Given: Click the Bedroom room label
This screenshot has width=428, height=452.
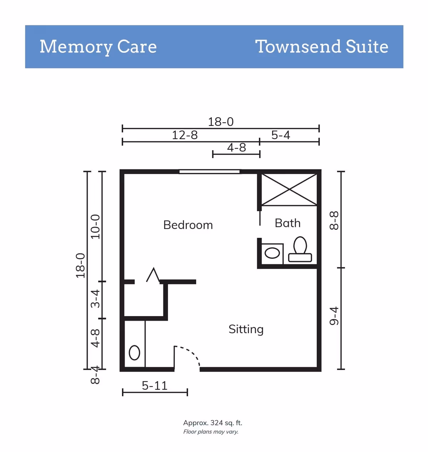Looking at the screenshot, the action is click(188, 225).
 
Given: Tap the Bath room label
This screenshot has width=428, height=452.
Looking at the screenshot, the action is click(287, 223).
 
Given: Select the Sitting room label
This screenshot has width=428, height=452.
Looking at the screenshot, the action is click(246, 330).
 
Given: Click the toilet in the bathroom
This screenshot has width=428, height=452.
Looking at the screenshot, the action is click(300, 249).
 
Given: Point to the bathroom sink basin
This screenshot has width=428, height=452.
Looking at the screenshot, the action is click(272, 253).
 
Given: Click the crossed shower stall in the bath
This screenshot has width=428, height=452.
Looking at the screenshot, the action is click(289, 189).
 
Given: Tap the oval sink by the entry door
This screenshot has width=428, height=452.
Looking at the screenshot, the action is click(134, 352).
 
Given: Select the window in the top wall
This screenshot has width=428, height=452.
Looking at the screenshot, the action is click(209, 172).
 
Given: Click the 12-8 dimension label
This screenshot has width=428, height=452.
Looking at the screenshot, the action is click(185, 135).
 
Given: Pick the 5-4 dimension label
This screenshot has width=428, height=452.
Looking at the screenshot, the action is click(281, 135).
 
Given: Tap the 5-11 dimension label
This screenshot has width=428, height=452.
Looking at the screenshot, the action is click(154, 386).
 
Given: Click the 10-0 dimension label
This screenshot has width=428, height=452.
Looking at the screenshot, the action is click(96, 227).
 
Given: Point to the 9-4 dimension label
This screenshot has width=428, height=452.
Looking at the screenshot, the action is click(334, 316).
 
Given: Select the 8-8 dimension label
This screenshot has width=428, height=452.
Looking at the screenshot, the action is click(334, 221).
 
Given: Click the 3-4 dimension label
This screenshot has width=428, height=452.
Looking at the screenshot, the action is click(96, 299).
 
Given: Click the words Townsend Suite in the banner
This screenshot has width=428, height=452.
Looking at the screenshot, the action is click(322, 47).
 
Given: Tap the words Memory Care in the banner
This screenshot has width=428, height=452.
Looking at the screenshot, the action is click(98, 47).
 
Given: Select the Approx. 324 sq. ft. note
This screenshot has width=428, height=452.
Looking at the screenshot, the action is click(213, 423).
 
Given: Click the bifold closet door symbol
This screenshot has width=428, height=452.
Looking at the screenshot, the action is click(153, 275).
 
